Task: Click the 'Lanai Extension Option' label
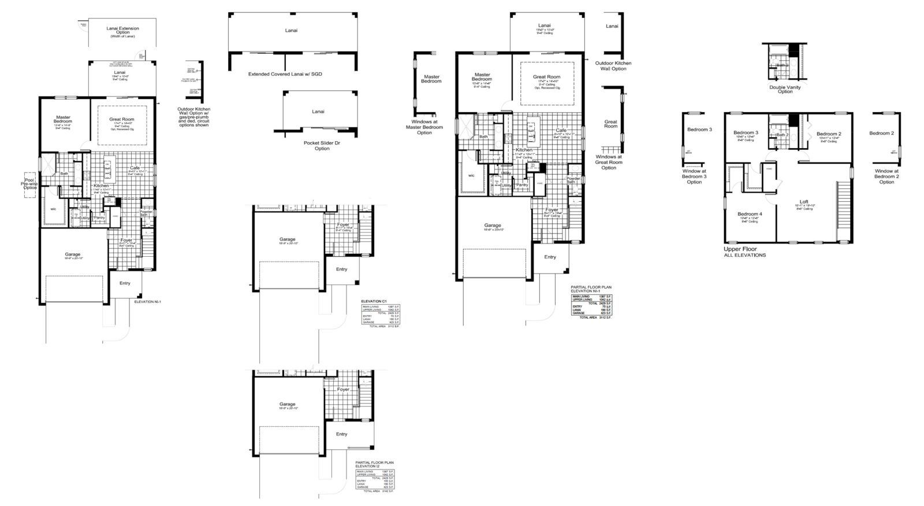click(122, 32)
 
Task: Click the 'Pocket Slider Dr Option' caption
click(322, 145)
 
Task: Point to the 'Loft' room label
click(804, 202)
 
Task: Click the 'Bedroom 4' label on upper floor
click(750, 214)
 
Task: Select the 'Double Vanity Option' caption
click(785, 89)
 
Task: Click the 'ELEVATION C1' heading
click(373, 301)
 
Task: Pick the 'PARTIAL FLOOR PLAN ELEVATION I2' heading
click(375, 464)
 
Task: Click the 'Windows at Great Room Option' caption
click(609, 162)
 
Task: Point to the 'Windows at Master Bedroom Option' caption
click(424, 127)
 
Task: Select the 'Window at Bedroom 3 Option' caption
click(694, 176)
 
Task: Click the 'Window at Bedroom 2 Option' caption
click(886, 176)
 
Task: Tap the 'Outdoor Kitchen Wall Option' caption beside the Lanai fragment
click(611, 65)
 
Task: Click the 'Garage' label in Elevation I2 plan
click(287, 404)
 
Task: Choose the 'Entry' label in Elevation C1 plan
click(341, 269)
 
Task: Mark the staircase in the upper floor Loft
click(843, 210)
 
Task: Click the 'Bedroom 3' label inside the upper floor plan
click(746, 133)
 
